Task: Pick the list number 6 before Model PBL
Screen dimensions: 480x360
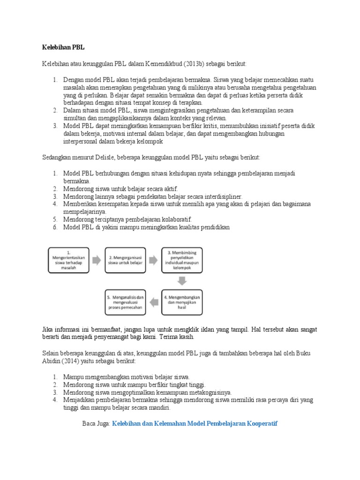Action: (x=54, y=227)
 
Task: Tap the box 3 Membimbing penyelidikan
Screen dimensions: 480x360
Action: (x=182, y=261)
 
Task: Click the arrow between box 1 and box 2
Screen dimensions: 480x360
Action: (x=96, y=261)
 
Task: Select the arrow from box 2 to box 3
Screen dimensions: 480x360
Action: (x=154, y=261)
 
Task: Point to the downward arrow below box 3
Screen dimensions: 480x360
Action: (x=182, y=281)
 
